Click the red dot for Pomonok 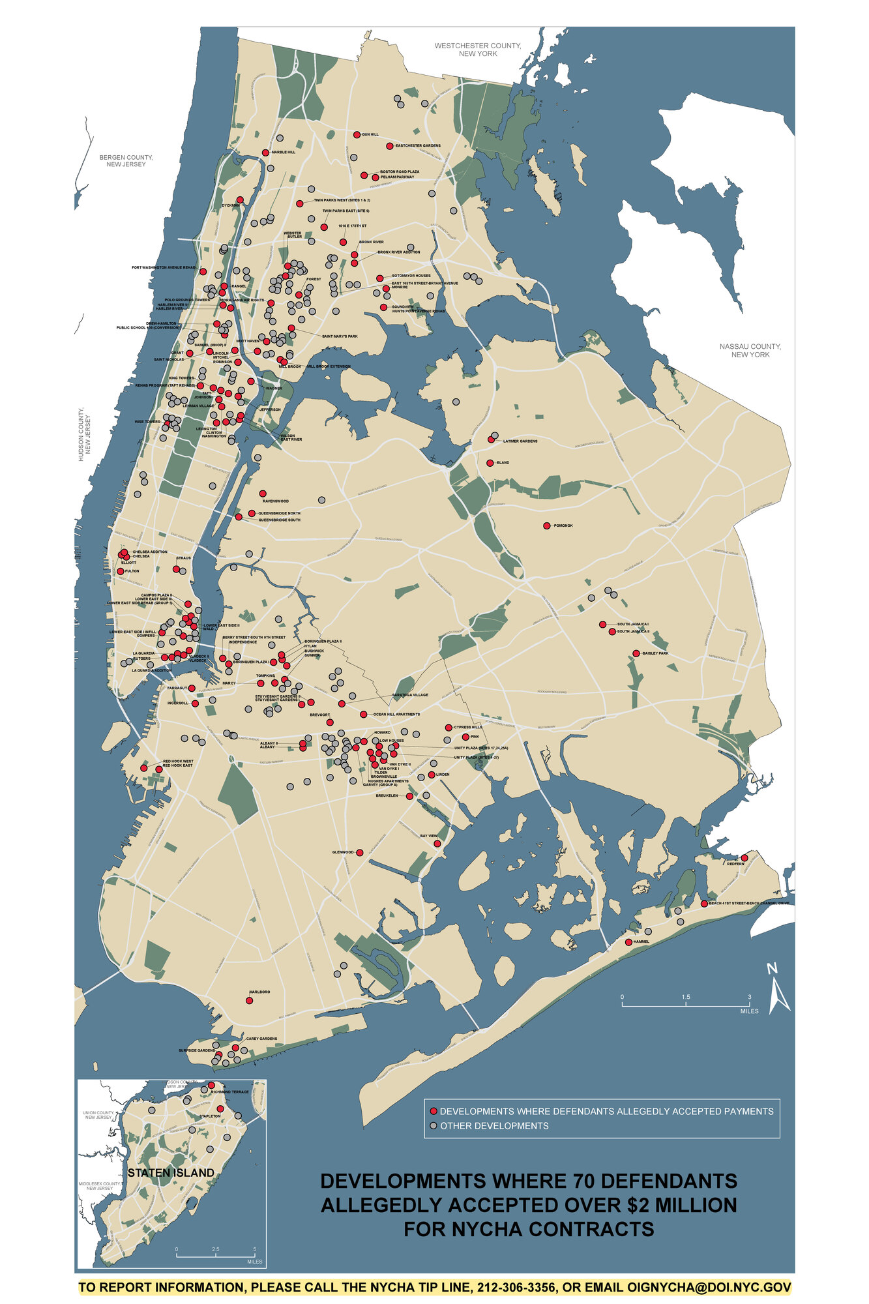click(x=547, y=526)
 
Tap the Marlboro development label click(x=259, y=992)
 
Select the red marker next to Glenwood click(x=360, y=852)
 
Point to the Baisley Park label click(x=656, y=653)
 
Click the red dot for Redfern click(x=744, y=857)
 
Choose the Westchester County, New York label click(x=478, y=50)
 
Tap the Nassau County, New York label click(x=750, y=350)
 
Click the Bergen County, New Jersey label click(x=126, y=160)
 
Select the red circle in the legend click(x=433, y=1111)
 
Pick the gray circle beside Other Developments click(x=433, y=1126)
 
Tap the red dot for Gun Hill click(x=357, y=134)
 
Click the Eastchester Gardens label click(x=418, y=146)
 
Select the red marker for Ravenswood click(x=263, y=494)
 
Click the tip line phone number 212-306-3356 click(x=518, y=1288)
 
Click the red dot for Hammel click(x=628, y=942)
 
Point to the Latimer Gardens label click(x=520, y=441)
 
